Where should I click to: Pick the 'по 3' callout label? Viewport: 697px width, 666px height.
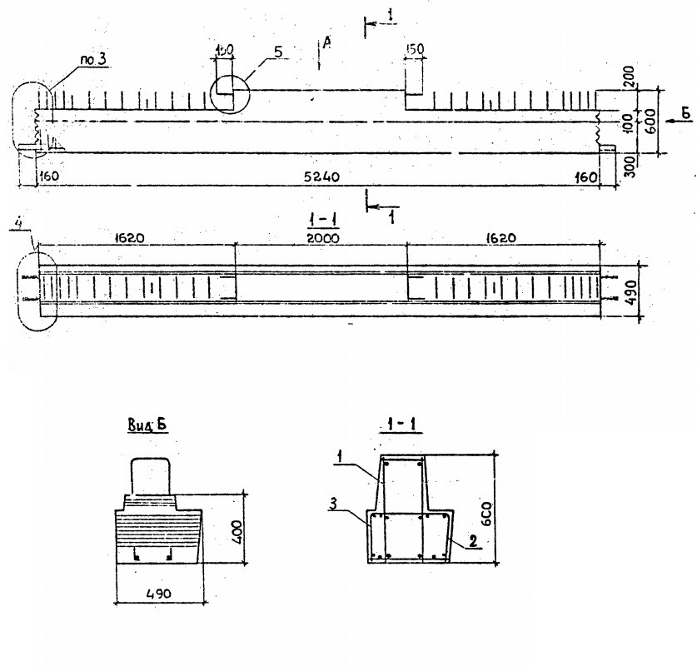(92, 59)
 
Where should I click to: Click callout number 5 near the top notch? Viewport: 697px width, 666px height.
(277, 51)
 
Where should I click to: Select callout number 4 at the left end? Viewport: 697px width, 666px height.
(17, 222)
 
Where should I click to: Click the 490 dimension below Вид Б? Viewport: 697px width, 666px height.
(158, 594)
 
